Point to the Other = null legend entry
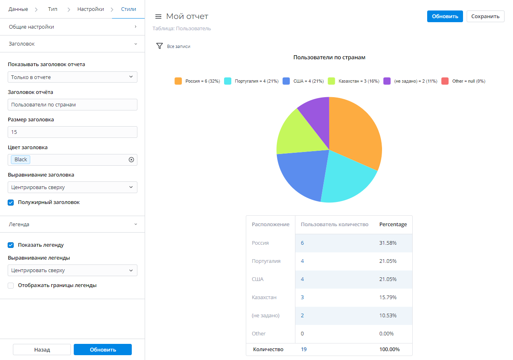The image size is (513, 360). [463, 81]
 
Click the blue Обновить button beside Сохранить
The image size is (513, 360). [445, 17]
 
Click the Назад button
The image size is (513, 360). [42, 350]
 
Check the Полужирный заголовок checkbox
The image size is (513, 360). [11, 202]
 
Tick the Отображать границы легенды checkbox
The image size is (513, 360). [11, 285]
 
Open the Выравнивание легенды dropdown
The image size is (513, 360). [73, 271]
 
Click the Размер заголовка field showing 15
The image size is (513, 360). [73, 132]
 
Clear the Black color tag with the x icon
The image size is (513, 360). [131, 160]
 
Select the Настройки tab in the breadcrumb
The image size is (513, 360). [91, 9]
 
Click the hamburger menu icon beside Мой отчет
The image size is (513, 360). [158, 17]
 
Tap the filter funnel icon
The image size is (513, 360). [159, 46]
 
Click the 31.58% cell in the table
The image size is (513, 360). [388, 243]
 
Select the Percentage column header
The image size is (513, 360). [393, 225]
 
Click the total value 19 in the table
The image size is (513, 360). [304, 349]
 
